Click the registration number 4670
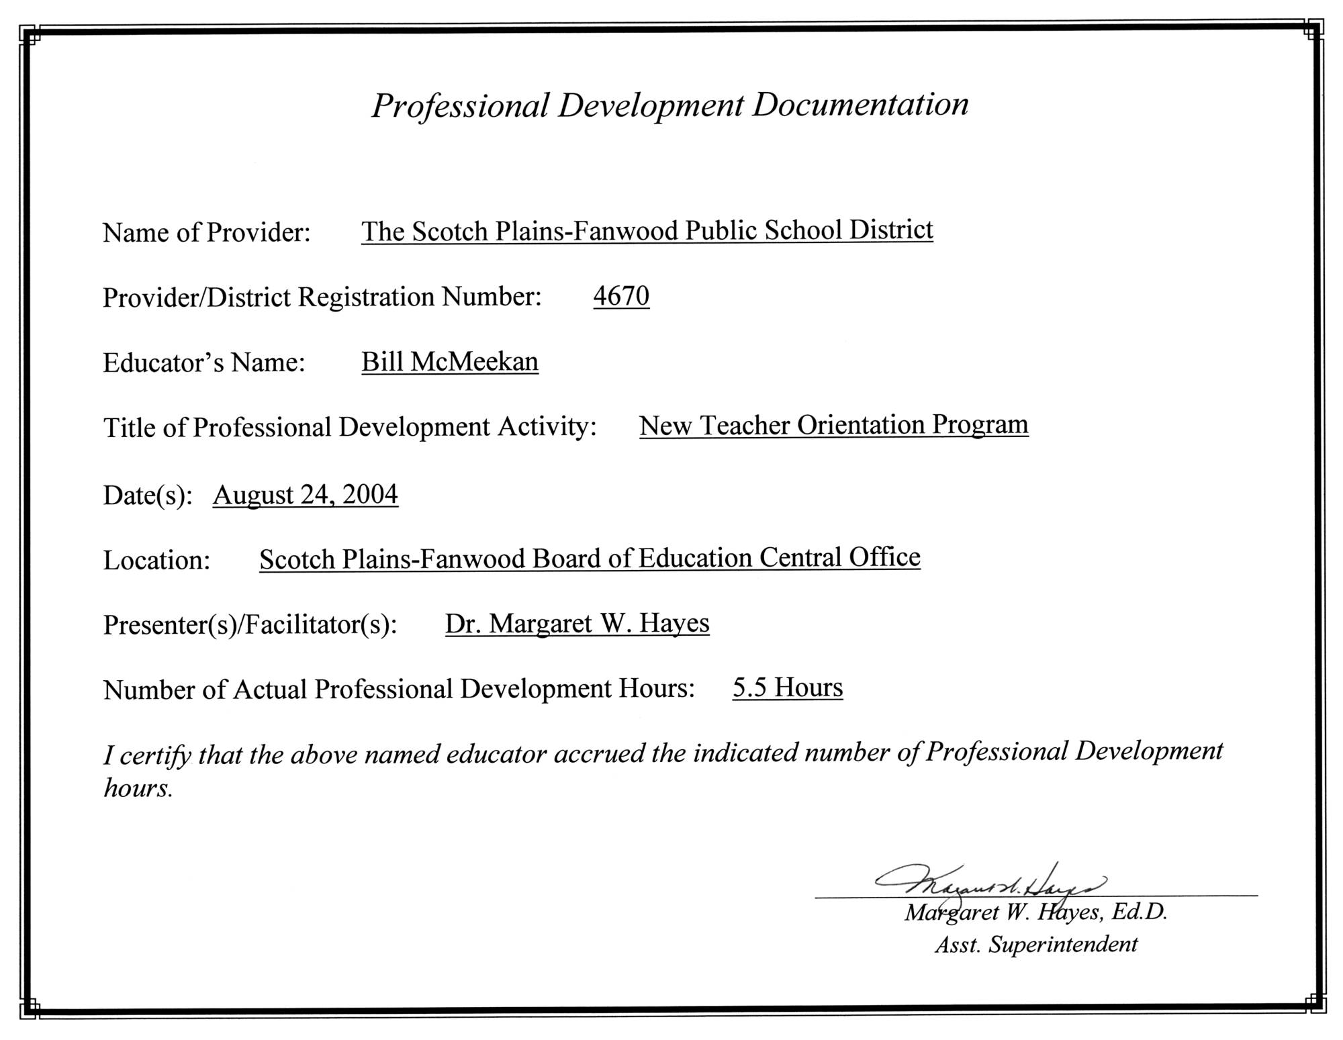(621, 295)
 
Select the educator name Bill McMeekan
(449, 361)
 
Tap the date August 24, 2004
(306, 494)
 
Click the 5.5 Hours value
(788, 688)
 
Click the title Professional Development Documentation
(670, 105)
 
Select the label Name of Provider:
(206, 232)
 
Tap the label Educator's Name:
(204, 363)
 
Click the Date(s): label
(148, 495)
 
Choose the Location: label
(156, 560)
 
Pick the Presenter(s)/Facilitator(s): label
(250, 624)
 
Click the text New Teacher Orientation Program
(833, 425)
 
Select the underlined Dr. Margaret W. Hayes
(577, 623)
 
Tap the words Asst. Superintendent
(1035, 945)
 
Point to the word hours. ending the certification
(138, 788)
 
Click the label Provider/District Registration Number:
(322, 297)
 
